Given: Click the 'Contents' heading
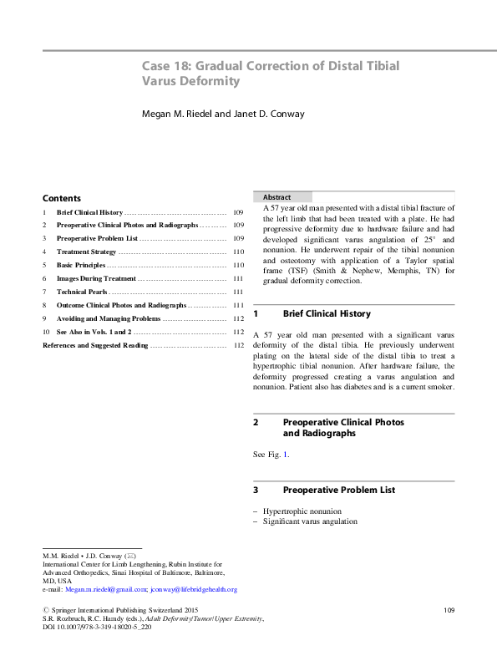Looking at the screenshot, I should pos(62,199).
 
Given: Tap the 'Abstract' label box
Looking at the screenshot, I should pos(276,196).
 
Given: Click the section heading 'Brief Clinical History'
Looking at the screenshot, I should pos(327,313).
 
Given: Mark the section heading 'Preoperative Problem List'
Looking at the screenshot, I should pos(339,489).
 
